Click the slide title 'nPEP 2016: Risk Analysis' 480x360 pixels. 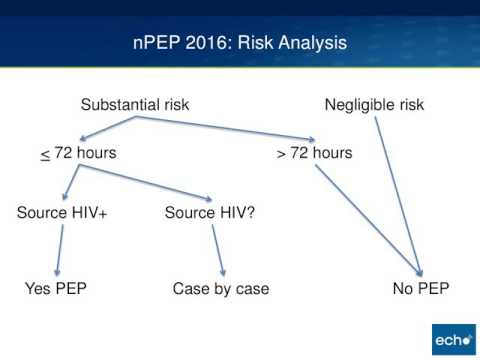point(240,43)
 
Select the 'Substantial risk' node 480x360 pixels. point(135,104)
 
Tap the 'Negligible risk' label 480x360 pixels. point(375,104)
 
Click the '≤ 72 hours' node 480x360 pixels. point(78,153)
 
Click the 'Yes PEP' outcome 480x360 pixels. point(57,290)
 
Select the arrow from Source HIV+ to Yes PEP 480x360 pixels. point(56,250)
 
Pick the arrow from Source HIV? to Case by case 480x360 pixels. point(218,250)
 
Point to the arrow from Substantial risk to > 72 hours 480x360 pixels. point(230,128)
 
